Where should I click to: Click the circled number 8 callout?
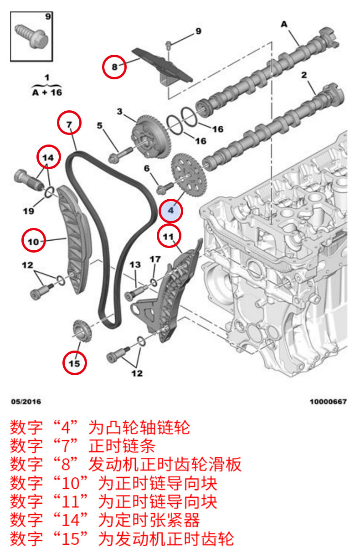114,67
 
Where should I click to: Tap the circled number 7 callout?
69,123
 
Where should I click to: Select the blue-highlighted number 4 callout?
171,211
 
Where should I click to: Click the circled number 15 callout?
75,363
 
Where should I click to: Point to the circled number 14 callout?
49,157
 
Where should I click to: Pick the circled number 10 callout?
34,240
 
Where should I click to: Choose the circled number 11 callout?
169,236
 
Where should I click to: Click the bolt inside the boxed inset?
31,36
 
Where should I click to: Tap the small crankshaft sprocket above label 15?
83,331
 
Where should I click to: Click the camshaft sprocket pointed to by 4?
189,175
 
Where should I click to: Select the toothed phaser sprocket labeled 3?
151,138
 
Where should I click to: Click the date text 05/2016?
26,402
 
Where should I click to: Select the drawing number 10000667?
328,402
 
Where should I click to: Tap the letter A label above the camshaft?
284,24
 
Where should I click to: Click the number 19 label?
28,211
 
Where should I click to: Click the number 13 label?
135,265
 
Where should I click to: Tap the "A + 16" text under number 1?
47,93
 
